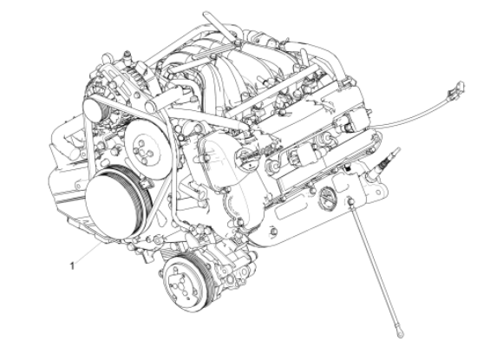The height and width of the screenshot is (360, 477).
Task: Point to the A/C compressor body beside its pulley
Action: point(221,269)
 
